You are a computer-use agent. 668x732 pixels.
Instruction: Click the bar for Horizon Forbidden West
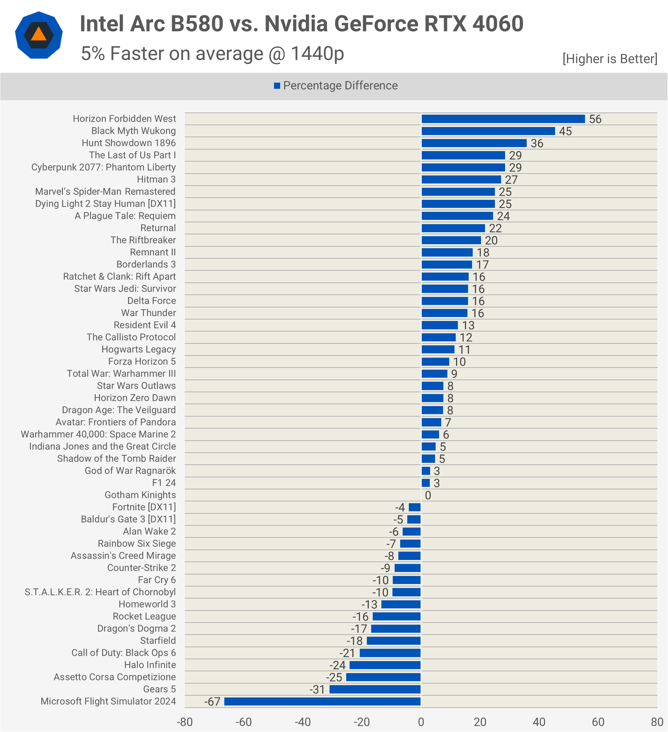click(503, 119)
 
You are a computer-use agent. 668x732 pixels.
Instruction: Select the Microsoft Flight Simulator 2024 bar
click(322, 701)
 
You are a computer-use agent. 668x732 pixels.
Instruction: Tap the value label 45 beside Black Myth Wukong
click(565, 131)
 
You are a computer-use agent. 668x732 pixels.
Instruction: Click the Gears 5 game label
click(160, 689)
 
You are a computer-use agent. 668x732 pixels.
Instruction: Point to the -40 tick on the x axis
click(303, 722)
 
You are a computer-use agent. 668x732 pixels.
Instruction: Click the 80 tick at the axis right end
click(657, 722)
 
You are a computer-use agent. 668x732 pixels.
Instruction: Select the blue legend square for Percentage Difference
click(277, 86)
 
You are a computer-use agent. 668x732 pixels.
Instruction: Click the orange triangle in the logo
click(39, 35)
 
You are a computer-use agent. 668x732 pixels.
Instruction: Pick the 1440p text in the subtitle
click(317, 54)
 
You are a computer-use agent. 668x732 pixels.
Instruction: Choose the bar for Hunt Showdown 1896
click(474, 143)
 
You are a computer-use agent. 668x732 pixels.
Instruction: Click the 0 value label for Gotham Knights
click(428, 495)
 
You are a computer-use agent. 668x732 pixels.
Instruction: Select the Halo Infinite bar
click(385, 665)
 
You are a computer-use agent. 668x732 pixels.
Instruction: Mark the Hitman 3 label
click(156, 179)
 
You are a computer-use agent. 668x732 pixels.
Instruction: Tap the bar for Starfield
click(394, 641)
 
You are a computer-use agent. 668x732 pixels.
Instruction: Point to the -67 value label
click(212, 701)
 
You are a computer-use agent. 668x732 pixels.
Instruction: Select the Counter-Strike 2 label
click(141, 568)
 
